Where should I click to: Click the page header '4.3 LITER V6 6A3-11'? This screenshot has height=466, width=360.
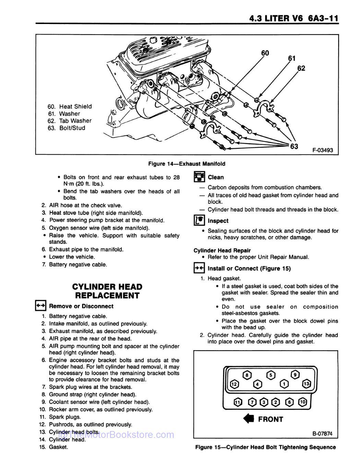coord(294,18)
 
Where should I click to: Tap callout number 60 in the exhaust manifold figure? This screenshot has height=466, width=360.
coord(265,53)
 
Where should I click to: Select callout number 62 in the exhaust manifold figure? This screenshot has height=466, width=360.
coord(301,68)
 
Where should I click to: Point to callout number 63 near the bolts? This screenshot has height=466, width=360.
coord(294,146)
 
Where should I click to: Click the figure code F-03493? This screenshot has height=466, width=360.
coord(322,150)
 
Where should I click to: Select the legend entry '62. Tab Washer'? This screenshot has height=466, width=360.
coord(70,121)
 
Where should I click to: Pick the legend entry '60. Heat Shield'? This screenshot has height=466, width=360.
coord(70,106)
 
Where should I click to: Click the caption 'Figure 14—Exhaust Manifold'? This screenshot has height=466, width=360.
coord(187,164)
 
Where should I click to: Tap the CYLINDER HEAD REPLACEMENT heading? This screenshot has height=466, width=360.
coord(107,291)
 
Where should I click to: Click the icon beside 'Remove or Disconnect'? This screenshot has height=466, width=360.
coord(40,306)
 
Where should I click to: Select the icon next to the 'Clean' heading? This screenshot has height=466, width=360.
coord(199,177)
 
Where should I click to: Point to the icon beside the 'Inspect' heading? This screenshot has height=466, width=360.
coord(199,220)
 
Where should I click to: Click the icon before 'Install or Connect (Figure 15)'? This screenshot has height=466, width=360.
coord(199,268)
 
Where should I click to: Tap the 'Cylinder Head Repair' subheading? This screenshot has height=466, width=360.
coord(222,250)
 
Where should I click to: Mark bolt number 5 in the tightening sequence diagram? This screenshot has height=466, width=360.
coord(271,375)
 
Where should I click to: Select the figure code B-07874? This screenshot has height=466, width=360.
coord(322,434)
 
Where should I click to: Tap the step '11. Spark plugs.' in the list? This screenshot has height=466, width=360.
coord(60,417)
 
